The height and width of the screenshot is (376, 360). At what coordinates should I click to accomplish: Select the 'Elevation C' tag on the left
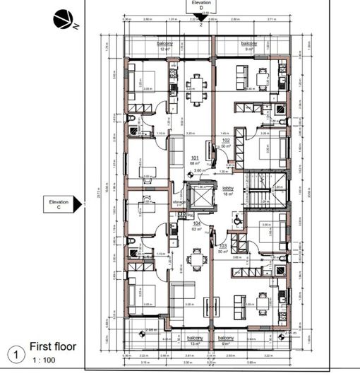(x=59, y=204)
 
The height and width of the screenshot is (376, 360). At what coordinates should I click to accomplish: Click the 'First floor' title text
(x=52, y=347)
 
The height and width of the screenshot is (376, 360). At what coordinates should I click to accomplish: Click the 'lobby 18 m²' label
(x=227, y=190)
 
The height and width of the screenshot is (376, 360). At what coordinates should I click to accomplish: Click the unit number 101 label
(x=196, y=159)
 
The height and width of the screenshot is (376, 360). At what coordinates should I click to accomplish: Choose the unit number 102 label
(x=226, y=142)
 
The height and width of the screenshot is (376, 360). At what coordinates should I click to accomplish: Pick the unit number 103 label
(x=224, y=248)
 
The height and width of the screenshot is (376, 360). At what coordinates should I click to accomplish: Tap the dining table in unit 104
(x=196, y=259)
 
